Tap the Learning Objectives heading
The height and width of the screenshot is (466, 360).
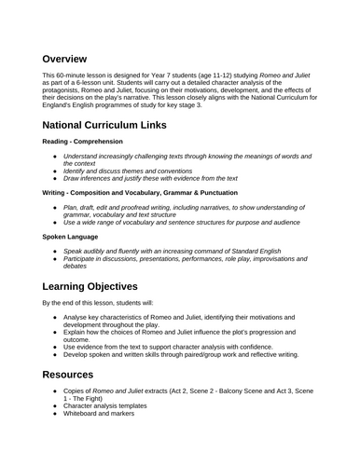tap(103, 285)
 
